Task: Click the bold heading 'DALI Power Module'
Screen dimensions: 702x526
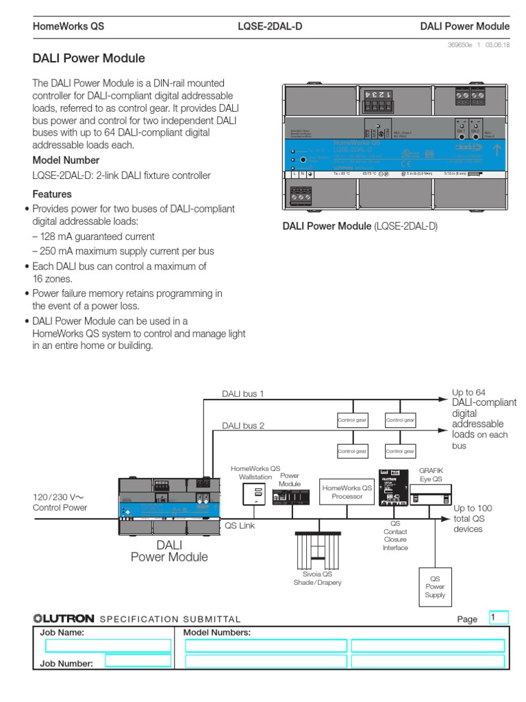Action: point(89,60)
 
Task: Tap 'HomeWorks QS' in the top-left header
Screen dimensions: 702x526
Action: point(68,27)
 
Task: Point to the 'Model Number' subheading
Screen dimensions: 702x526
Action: point(63,160)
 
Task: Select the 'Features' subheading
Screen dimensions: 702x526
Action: point(53,194)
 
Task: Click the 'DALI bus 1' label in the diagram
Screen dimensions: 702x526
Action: point(242,394)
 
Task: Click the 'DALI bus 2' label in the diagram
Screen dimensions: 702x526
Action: point(242,426)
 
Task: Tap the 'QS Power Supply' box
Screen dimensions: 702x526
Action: point(436,587)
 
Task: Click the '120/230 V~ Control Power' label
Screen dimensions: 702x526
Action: point(60,502)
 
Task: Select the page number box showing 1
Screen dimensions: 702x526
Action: point(498,618)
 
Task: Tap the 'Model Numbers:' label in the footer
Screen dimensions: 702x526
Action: point(216,633)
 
